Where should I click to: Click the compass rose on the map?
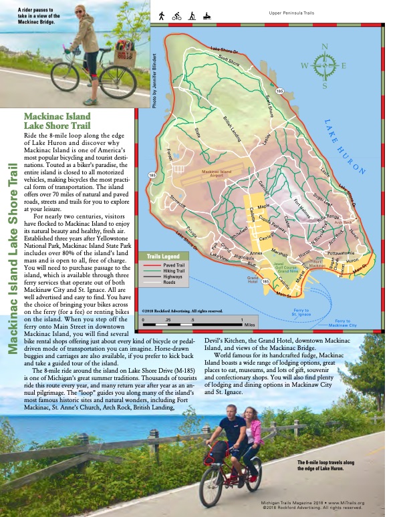323,65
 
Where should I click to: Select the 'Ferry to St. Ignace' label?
301,311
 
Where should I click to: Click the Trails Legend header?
163,256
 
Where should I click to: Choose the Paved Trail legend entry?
174,265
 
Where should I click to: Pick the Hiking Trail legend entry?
175,270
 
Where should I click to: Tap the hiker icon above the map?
162,15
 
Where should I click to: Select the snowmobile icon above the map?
207,15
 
